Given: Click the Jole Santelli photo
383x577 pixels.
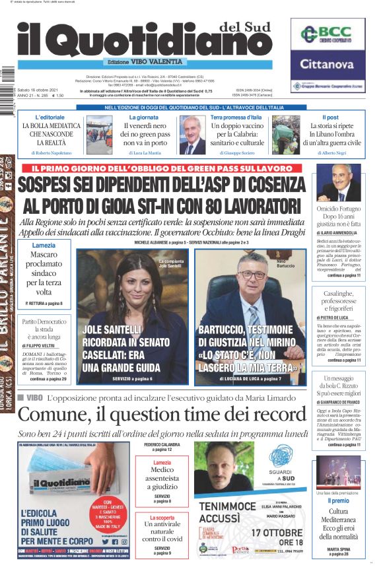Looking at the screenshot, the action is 133,294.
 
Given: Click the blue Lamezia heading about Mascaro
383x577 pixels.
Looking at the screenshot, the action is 44,246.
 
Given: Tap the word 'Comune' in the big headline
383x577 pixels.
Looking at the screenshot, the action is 52,415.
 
